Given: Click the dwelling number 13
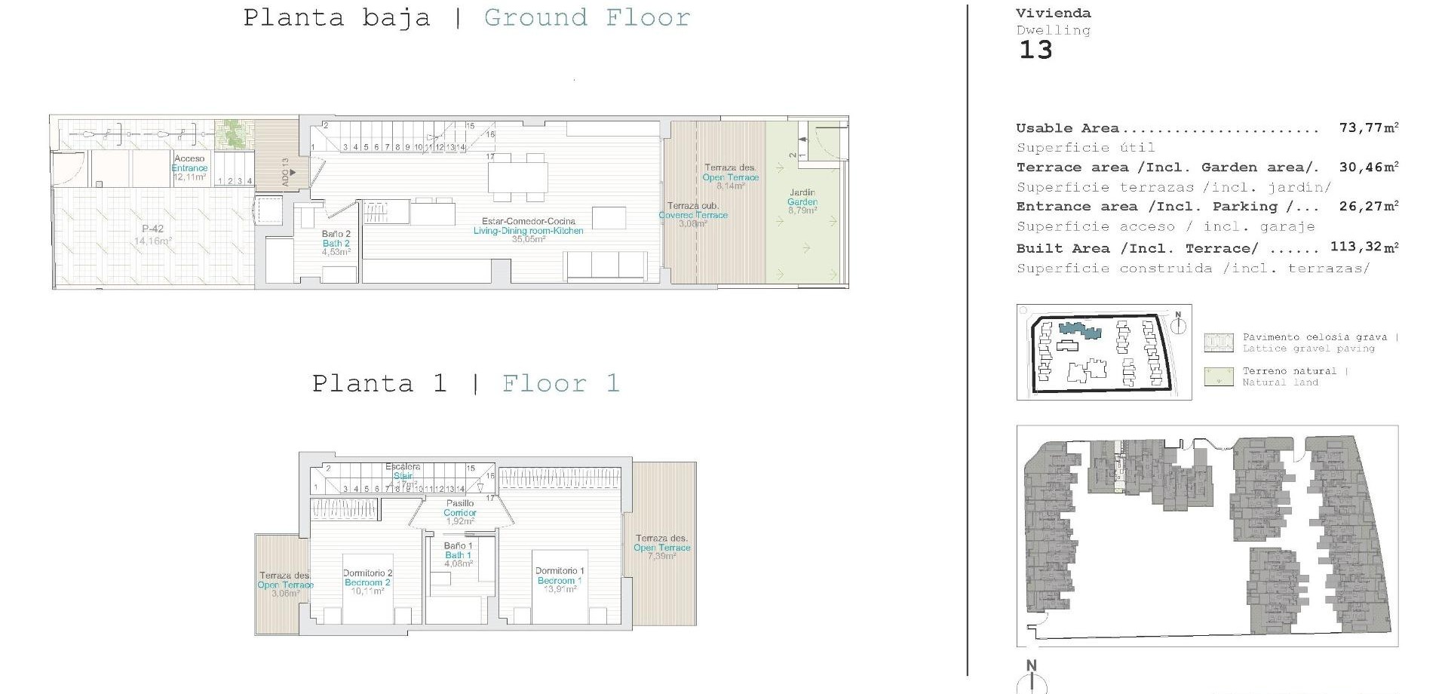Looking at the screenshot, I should coord(1035,51).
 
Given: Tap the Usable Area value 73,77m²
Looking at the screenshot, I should coord(1368,127).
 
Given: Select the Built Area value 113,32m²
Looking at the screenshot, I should coord(1364,247).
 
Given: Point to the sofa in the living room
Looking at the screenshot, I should coord(606,266).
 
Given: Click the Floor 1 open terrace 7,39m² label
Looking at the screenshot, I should coord(661,547).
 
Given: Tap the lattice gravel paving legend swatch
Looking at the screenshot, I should coord(1218,342).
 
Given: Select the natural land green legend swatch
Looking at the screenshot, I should coord(1218,376).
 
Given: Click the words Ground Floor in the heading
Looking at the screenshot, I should coord(587,17).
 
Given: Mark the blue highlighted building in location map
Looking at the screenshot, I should coord(1079,330).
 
